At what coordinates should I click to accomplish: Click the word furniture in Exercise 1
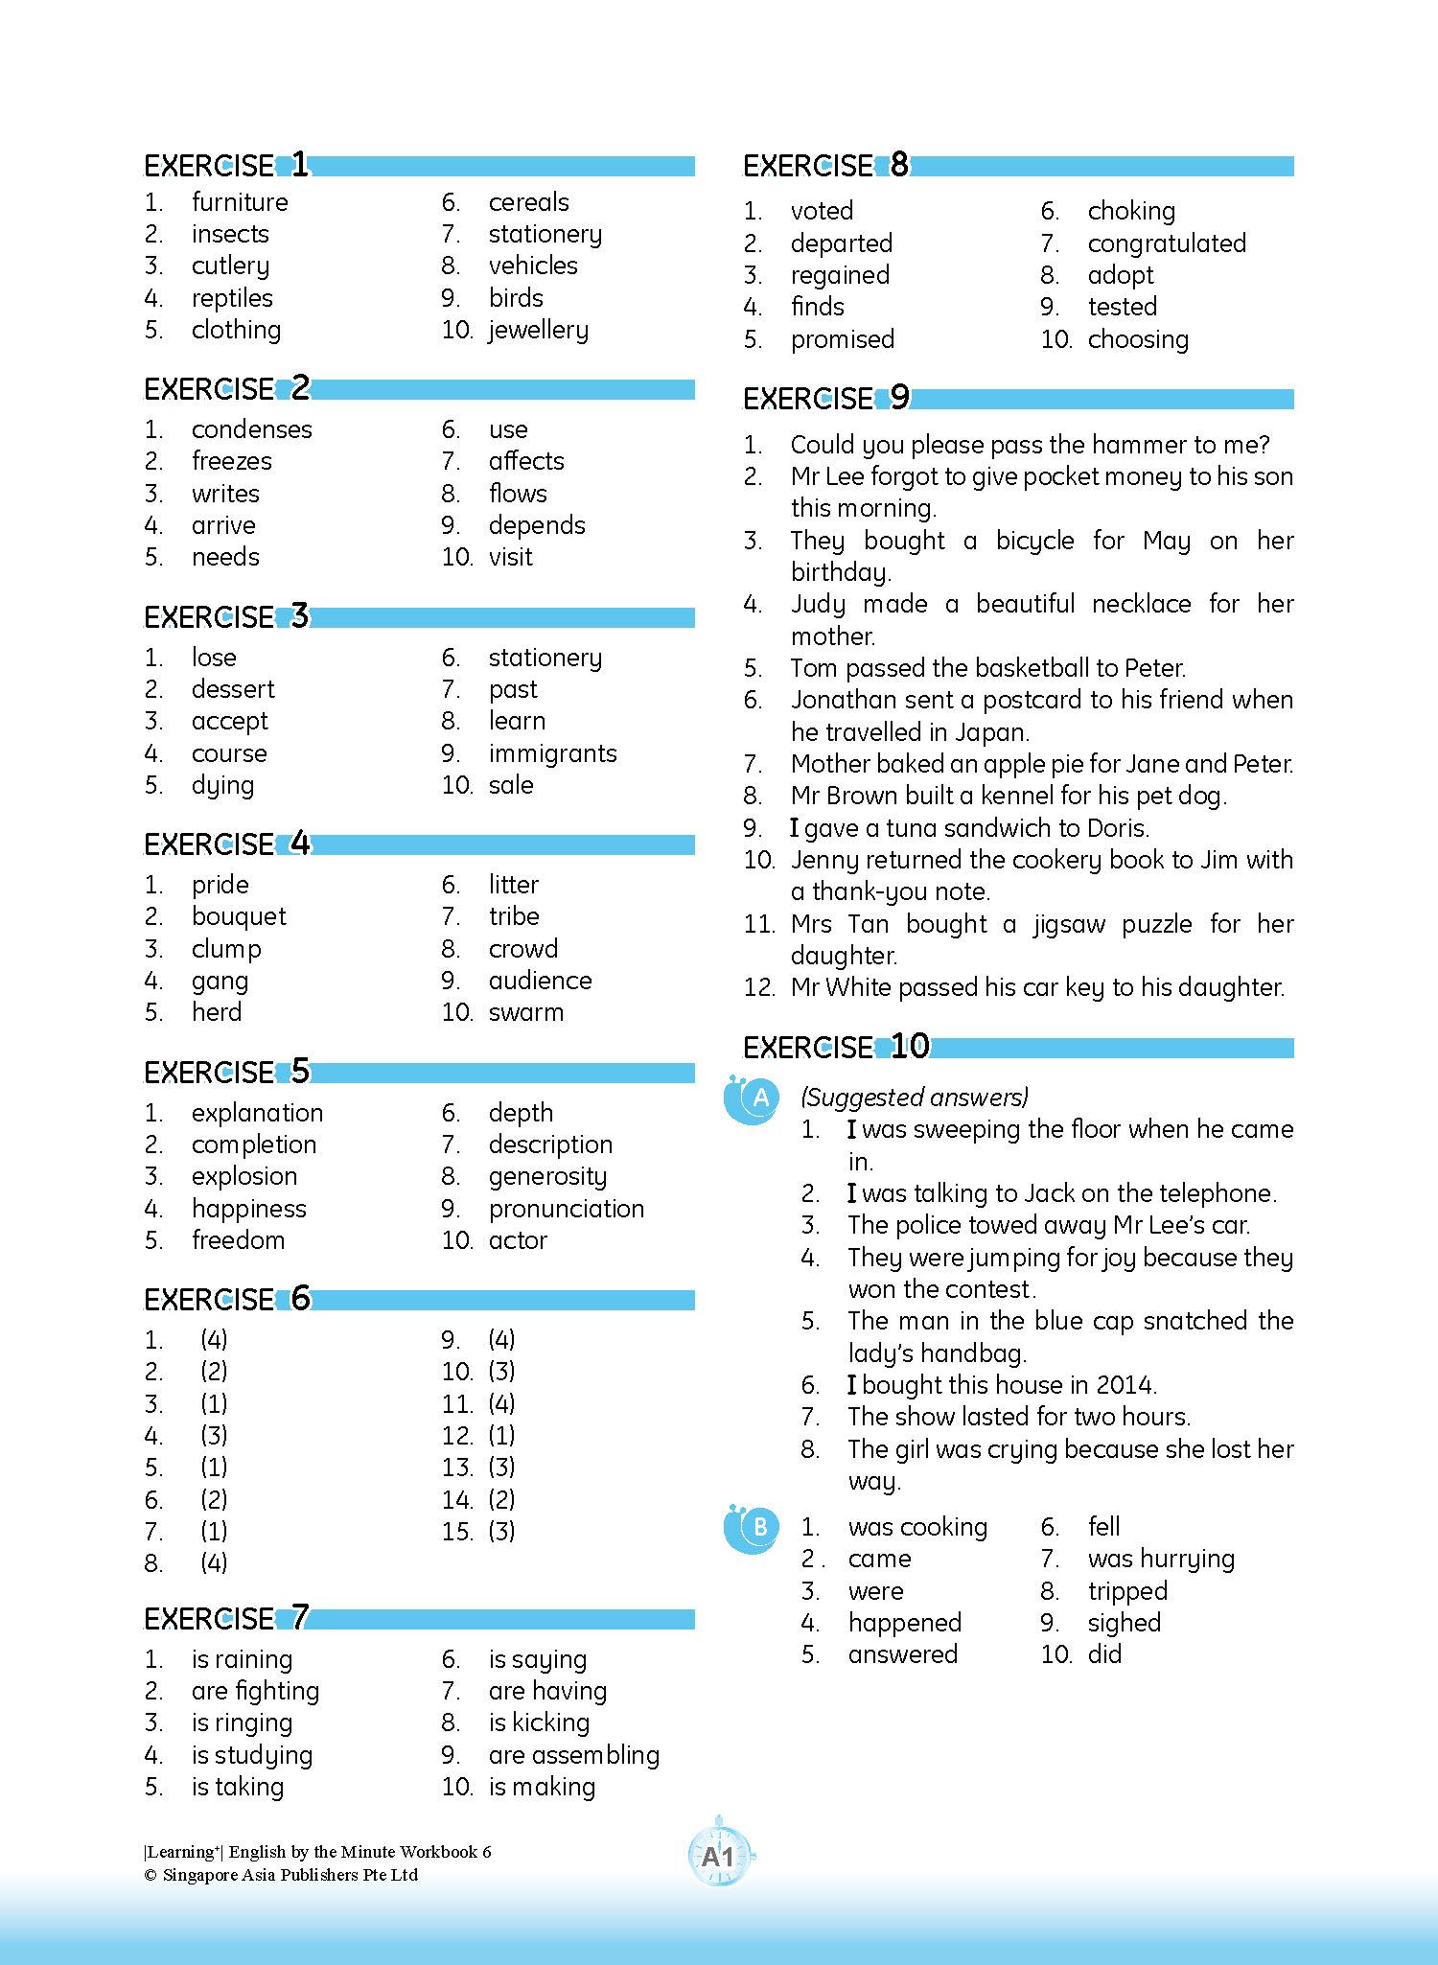[240, 202]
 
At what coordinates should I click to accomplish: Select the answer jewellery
[538, 331]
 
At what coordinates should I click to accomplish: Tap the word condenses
[251, 429]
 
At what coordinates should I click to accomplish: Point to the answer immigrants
[552, 753]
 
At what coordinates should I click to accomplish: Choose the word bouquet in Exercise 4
[239, 917]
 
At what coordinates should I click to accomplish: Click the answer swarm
[525, 1013]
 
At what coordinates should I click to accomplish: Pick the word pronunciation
[566, 1209]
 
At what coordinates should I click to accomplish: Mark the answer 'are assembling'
[573, 1755]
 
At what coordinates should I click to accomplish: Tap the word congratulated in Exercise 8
[1167, 243]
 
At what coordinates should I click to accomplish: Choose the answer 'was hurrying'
[1161, 1559]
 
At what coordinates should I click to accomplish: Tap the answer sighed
[1124, 1623]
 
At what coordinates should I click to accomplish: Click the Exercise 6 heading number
[300, 1298]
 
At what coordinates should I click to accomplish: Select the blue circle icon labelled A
[754, 1100]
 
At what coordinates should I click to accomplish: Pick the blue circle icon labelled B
[754, 1529]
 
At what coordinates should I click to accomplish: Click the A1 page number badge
[719, 1858]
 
